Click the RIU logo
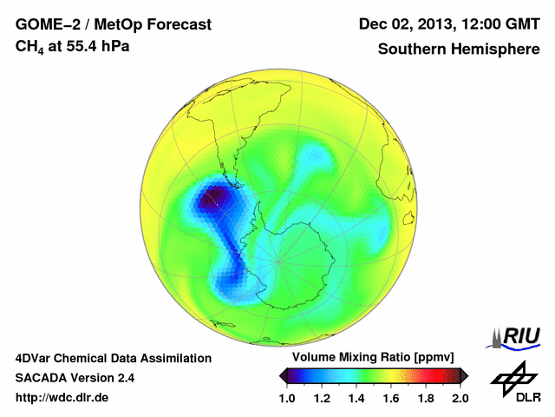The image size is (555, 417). pyautogui.click(x=513, y=336)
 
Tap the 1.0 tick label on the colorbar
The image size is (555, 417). pyautogui.click(x=288, y=398)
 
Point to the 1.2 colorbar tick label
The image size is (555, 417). pyautogui.click(x=323, y=398)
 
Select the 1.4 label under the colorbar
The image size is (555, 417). pyautogui.click(x=356, y=398)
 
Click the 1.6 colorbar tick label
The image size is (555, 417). pyautogui.click(x=391, y=398)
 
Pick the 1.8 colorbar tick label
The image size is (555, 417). pyautogui.click(x=426, y=398)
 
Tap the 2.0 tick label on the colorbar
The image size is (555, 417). pyautogui.click(x=460, y=398)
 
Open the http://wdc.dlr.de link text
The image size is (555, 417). pyautogui.click(x=62, y=397)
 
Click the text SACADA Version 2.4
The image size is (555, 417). pyautogui.click(x=75, y=378)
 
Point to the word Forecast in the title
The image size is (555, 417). pyautogui.click(x=177, y=24)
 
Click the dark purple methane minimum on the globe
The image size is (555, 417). pyautogui.click(x=212, y=200)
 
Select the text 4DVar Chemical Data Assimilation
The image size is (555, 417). pyautogui.click(x=113, y=358)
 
